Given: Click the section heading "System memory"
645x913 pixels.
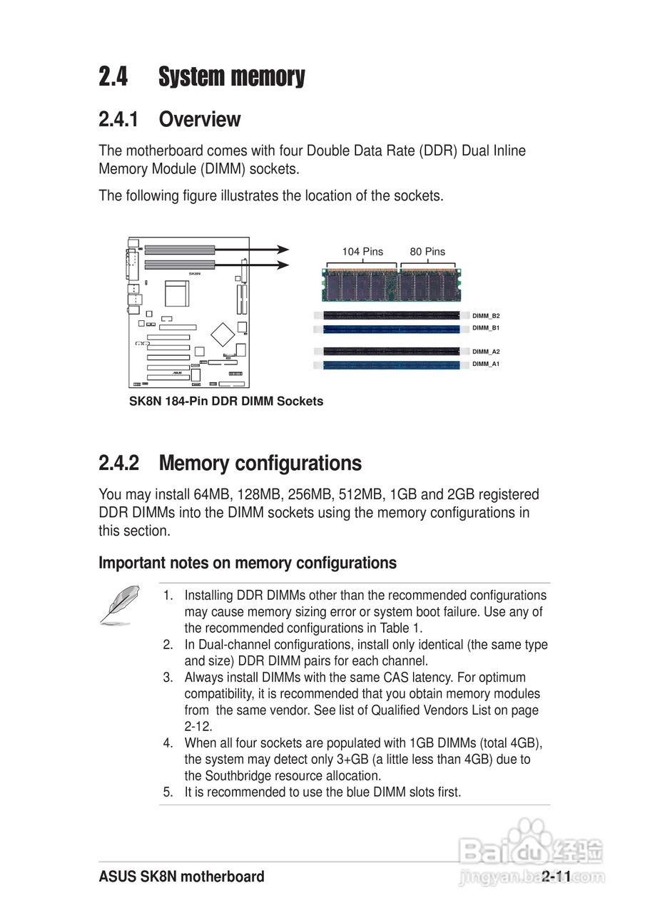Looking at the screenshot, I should (231, 76).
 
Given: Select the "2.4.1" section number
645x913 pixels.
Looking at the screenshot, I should (118, 119).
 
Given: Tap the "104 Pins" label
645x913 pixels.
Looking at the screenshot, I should (362, 252).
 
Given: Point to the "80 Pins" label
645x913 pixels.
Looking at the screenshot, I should (427, 252).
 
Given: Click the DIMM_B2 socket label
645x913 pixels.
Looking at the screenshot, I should (486, 315).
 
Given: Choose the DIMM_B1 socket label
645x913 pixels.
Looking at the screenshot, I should (486, 328).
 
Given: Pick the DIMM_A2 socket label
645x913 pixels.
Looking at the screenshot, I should (486, 352).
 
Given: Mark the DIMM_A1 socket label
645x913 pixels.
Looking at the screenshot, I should (486, 364).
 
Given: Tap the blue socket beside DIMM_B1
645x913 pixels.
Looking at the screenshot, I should (391, 329).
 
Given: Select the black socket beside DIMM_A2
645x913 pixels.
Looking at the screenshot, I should (391, 352).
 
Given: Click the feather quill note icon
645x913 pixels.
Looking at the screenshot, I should (119, 603).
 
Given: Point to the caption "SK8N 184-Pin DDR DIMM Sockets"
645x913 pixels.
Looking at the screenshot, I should (225, 402).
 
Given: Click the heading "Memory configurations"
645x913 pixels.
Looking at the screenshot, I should (260, 464).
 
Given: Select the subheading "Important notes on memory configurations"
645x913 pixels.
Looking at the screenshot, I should (247, 563).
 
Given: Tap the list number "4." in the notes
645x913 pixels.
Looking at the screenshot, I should (168, 743).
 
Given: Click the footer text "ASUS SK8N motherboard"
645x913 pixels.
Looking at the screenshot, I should (181, 877).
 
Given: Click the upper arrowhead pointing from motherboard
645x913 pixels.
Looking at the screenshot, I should (284, 250).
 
